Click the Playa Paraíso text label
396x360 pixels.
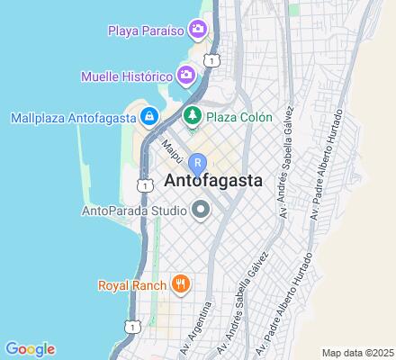point(146,31)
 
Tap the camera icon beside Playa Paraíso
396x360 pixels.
point(197,31)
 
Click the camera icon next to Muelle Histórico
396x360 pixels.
point(186,74)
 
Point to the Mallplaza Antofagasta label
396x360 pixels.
point(71,117)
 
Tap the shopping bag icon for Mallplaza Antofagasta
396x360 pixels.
point(148,117)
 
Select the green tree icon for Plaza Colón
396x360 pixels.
point(192,116)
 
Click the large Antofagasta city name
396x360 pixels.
point(214,181)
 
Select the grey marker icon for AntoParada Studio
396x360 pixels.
point(200,211)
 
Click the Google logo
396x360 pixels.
point(30,349)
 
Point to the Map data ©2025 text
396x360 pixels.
point(358,353)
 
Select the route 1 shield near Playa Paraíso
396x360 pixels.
point(211,60)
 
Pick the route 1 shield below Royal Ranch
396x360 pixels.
point(131,326)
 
